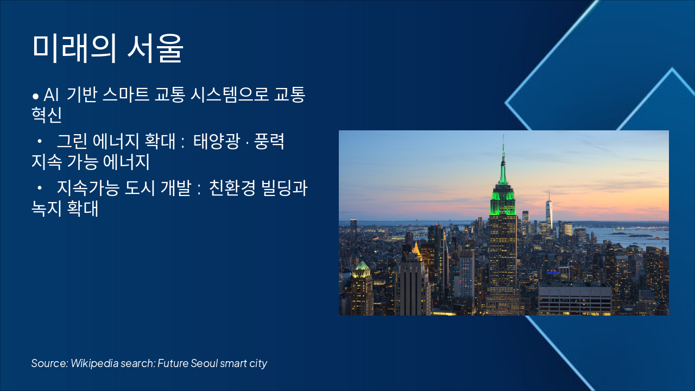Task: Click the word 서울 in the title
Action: [155, 48]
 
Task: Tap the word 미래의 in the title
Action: [74, 48]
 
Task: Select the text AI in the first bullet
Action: [51, 94]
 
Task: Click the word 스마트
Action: [126, 94]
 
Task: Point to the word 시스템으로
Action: [230, 94]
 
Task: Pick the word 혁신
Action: [47, 115]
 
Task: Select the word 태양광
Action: [217, 141]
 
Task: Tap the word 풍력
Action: [269, 141]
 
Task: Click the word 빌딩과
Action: [284, 188]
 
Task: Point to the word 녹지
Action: [47, 208]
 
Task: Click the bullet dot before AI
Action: [36, 96]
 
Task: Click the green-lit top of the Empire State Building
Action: [503, 199]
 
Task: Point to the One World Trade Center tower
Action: [549, 211]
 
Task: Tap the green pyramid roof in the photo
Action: [362, 266]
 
